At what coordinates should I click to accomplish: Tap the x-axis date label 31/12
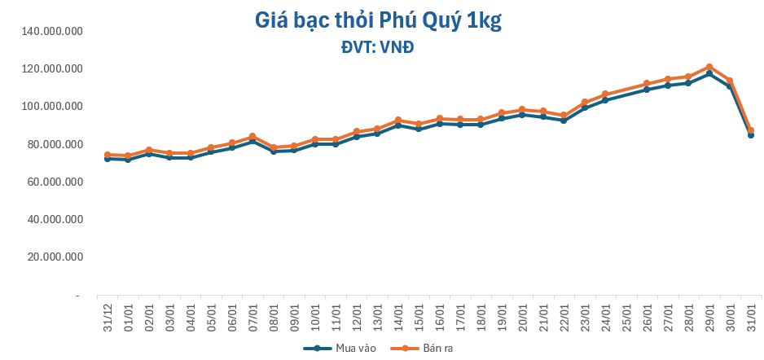coord(107,314)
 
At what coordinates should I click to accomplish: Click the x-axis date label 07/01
coord(252,314)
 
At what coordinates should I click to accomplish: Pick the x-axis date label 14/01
coord(397,314)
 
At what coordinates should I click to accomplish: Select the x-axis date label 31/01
coord(751,314)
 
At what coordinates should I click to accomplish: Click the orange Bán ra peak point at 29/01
coord(709,67)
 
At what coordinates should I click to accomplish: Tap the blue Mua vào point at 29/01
coord(709,73)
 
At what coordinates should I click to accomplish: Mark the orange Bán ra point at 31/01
coord(751,130)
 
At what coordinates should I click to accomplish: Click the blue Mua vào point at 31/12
coord(107,159)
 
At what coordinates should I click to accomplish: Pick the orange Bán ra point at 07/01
coord(252,136)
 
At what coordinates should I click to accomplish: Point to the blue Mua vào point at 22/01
coord(564,121)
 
